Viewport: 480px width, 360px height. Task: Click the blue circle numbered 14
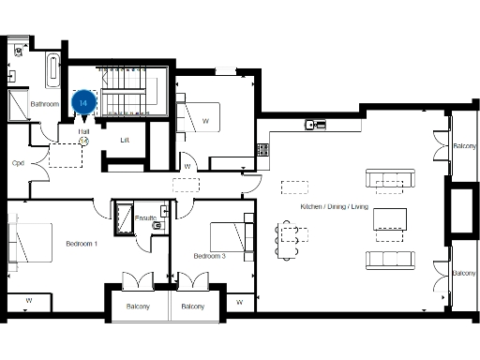pyautogui.click(x=84, y=101)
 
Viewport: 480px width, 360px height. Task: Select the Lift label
pyautogui.click(x=125, y=141)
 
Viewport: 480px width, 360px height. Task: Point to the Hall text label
pyautogui.click(x=83, y=131)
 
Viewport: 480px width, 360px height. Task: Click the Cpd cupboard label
pyautogui.click(x=17, y=162)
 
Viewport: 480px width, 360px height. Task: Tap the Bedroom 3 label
pyautogui.click(x=210, y=256)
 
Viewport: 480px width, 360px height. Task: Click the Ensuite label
pyautogui.click(x=146, y=218)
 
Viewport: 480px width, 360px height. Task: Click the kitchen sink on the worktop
pyautogui.click(x=314, y=124)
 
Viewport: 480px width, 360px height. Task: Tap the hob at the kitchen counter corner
pyautogui.click(x=264, y=148)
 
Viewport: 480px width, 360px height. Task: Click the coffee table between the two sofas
pyautogui.click(x=390, y=219)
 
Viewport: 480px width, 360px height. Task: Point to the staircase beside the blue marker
pyautogui.click(x=121, y=91)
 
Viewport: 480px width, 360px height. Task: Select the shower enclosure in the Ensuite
pyautogui.click(x=123, y=217)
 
